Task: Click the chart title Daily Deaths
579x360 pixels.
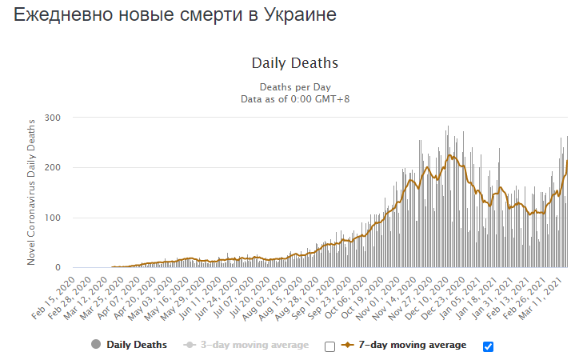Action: coord(294,63)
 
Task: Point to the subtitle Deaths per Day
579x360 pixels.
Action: coord(294,87)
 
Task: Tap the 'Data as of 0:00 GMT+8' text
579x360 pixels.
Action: coord(294,98)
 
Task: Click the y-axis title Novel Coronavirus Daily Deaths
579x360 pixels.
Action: coord(32,192)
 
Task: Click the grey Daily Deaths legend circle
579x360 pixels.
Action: coord(97,345)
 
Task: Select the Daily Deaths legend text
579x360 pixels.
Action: coord(137,345)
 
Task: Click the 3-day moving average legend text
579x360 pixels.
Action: coord(254,345)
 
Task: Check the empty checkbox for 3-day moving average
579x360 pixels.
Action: coord(329,346)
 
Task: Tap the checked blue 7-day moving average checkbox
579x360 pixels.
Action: coord(489,346)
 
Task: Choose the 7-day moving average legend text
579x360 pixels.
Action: coord(411,345)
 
